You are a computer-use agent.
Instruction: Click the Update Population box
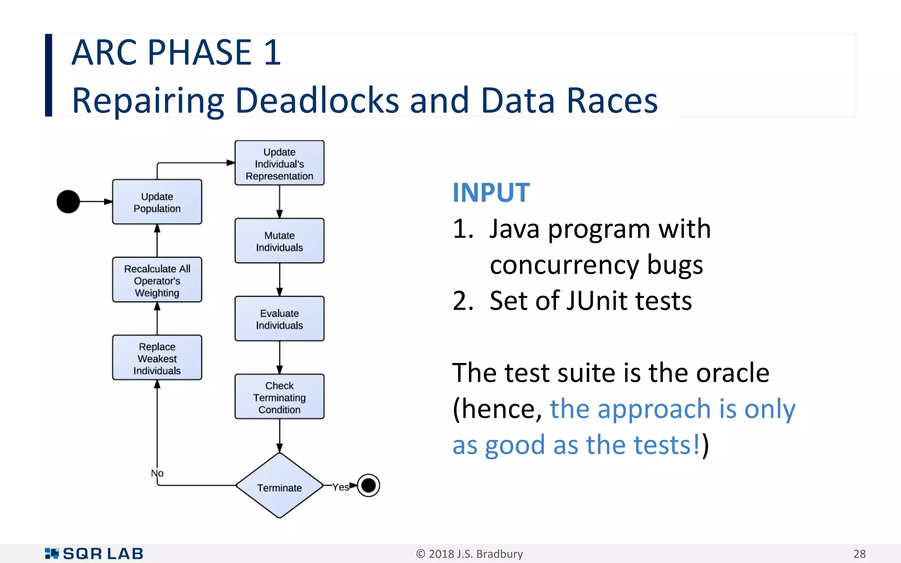pos(157,202)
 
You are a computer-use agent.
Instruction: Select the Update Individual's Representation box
pos(279,163)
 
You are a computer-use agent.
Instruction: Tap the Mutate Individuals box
pos(279,241)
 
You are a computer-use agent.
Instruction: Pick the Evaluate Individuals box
pos(279,319)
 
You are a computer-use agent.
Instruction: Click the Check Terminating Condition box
pos(279,397)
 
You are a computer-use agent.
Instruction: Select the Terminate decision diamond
pos(279,486)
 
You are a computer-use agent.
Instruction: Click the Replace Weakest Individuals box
pos(157,358)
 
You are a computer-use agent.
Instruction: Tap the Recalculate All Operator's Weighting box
pos(157,280)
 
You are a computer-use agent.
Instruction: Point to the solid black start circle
pos(68,202)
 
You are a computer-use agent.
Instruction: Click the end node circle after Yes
pos(369,486)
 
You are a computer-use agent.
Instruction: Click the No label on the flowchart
pos(157,473)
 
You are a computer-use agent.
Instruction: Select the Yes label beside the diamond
pos(340,487)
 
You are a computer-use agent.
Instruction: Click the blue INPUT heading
pos(491,193)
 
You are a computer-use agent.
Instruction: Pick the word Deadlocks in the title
pos(317,100)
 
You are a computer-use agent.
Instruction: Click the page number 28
pos(859,554)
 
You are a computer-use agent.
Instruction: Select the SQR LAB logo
pos(94,554)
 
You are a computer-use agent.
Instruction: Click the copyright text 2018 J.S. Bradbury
pos(469,554)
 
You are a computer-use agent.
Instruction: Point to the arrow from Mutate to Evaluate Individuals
pos(279,280)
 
